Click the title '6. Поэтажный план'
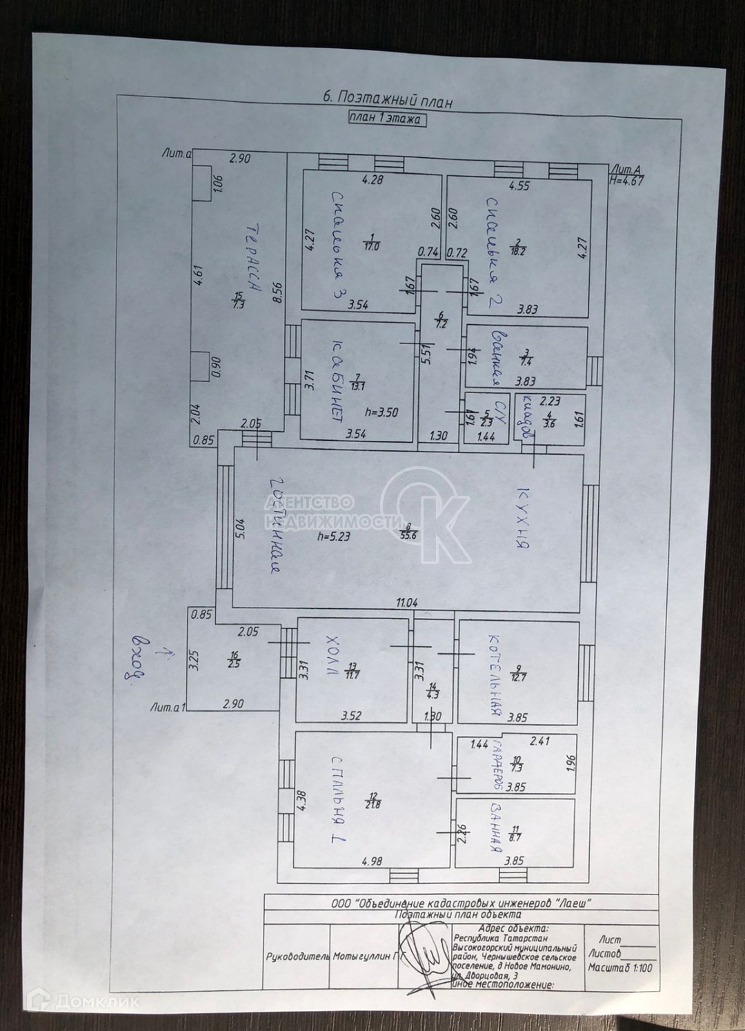pos(388,99)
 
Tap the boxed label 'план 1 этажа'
pos(386,118)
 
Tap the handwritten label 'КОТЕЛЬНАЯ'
pos(494,677)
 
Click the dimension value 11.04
pos(406,602)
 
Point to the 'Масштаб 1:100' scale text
pos(619,968)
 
